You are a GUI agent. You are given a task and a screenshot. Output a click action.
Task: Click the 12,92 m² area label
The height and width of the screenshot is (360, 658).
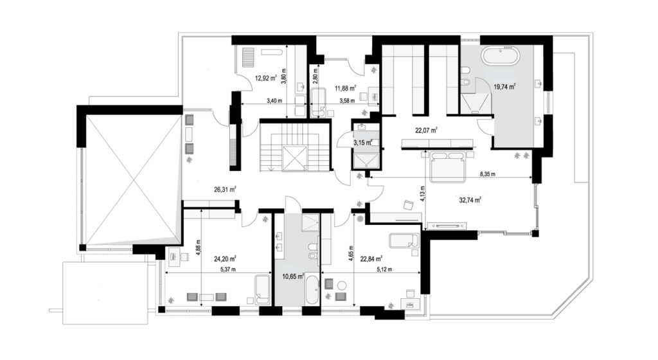pos(266,78)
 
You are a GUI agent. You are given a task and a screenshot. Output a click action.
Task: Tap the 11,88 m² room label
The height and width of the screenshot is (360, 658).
pos(345,88)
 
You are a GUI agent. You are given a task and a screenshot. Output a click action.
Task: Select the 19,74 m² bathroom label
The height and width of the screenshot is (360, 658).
pos(504,87)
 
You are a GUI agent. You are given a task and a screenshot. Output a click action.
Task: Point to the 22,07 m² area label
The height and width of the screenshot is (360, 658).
pos(427,130)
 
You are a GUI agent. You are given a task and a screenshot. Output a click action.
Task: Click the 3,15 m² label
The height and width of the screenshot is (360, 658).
pos(363,143)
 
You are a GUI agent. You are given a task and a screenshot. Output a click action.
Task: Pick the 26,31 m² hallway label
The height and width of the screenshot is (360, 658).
pos(225,189)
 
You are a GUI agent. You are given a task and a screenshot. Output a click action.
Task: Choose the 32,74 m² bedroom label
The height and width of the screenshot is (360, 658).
pos(470,200)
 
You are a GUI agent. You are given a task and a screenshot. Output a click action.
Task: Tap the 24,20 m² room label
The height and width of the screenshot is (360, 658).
pos(225,258)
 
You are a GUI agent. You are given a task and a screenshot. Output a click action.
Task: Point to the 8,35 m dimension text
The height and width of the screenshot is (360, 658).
pos(487,174)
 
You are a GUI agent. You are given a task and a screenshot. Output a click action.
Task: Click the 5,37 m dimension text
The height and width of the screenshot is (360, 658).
pos(228,269)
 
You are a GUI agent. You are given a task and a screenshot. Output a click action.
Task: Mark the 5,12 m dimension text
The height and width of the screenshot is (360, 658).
pos(384,269)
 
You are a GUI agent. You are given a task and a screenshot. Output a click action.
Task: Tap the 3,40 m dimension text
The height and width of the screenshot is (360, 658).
pos(274,101)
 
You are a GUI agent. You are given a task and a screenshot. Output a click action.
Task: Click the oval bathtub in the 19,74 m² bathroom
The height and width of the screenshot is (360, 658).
pos(500,56)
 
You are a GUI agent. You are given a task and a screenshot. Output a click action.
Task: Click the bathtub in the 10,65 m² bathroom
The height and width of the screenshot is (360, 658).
pos(312,290)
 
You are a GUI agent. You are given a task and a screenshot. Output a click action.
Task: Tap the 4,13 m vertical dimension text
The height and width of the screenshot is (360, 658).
pos(423,194)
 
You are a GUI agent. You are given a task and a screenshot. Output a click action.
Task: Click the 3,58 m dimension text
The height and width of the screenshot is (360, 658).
pos(347,101)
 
